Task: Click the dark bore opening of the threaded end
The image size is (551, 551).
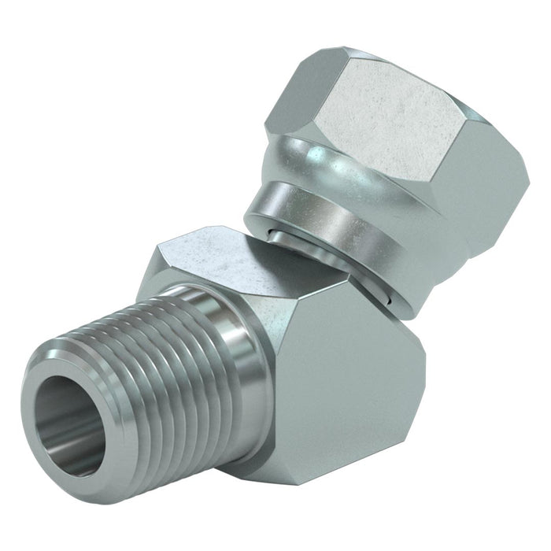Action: (69, 425)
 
